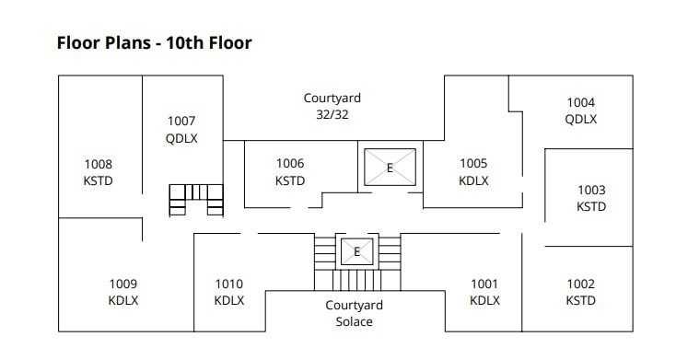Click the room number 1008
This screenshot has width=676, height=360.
point(98,164)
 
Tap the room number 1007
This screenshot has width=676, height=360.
point(181,121)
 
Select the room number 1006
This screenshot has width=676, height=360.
point(290,164)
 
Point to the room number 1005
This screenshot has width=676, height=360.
point(473,164)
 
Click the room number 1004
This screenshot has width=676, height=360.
point(580,102)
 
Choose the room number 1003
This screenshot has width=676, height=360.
point(591,191)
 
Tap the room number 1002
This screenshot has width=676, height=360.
point(580,284)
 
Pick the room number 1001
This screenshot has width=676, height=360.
point(484,284)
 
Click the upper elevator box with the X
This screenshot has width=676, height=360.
point(389,168)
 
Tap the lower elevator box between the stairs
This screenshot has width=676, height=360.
point(356,250)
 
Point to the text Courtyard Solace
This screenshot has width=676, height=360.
point(354,313)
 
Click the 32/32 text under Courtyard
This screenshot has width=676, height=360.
point(332,115)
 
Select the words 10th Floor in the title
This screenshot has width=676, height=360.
point(204,41)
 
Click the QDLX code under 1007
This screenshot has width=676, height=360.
point(181,138)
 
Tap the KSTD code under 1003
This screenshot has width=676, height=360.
point(591,207)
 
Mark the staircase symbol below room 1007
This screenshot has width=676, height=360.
point(196,199)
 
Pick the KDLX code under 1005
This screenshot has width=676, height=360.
point(473,180)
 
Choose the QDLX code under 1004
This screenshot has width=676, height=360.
point(580,119)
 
